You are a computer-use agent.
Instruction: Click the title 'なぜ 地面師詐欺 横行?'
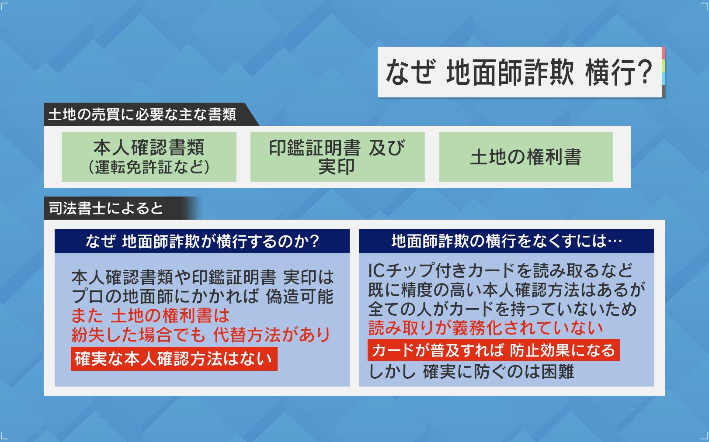coord(519,73)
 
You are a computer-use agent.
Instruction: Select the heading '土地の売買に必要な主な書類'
coord(142,114)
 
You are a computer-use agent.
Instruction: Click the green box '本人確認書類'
coord(149,157)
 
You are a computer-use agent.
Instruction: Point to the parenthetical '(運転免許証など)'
coord(149,167)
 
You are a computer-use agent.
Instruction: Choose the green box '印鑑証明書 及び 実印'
coord(337,157)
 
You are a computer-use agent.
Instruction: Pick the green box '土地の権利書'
coord(526,157)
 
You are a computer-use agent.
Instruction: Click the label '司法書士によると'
coord(106,208)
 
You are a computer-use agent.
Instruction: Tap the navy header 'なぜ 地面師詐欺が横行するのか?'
coord(202,241)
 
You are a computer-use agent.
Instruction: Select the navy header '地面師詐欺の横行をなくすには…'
coord(506,241)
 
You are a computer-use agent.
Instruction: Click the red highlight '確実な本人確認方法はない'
coord(174,359)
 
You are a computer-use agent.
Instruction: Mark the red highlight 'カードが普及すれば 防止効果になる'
coord(494,350)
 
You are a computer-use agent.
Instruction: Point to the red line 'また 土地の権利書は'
coord(150,315)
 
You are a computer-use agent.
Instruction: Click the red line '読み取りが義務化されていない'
coord(486,328)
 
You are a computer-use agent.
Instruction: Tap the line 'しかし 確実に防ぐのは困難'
coord(471,372)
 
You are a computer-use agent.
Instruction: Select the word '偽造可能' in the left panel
coord(299,296)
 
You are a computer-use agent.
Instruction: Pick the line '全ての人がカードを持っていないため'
coord(503,309)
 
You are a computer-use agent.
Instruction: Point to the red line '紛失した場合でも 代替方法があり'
coord(201,335)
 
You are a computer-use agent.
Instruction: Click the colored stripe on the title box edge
coord(664,72)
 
